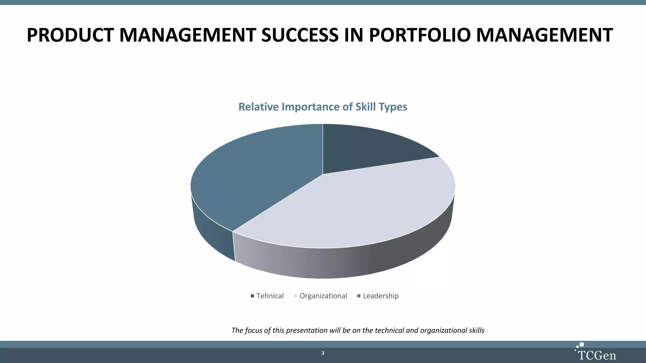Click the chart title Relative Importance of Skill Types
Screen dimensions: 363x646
pos(323,107)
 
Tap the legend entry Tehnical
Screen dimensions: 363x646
pos(270,296)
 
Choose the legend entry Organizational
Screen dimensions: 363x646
pos(323,296)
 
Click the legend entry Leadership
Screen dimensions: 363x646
pos(381,296)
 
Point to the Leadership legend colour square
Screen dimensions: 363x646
pos(359,296)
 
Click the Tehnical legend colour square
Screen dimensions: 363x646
pos(252,296)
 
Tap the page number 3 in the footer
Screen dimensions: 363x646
pos(323,353)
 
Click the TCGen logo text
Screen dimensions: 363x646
pos(597,355)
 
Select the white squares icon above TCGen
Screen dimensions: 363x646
pos(580,345)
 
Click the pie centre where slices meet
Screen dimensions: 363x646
pos(323,174)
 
